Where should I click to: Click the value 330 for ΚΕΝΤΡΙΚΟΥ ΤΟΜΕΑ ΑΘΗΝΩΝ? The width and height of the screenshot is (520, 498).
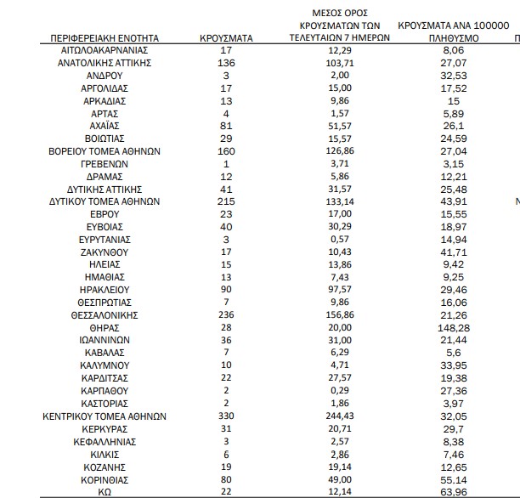(x=225, y=416)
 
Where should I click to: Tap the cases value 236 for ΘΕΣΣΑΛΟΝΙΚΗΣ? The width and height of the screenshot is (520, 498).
(x=225, y=314)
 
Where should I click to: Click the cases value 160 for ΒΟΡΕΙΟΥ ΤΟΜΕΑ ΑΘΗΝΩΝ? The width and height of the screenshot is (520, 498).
(x=225, y=151)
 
